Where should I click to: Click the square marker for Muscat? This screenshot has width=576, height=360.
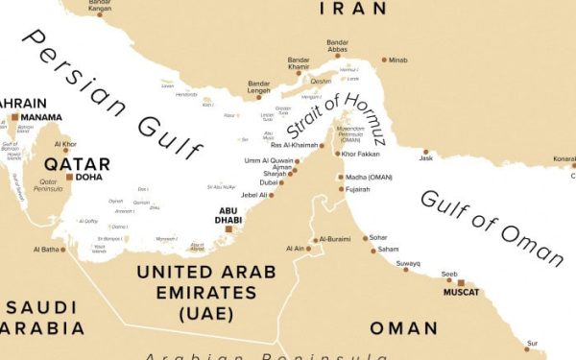click(x=461, y=283)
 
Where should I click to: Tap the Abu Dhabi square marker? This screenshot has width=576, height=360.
click(x=228, y=228)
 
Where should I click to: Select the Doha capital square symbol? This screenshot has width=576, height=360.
click(x=70, y=177)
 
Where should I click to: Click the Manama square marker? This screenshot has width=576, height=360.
click(x=14, y=117)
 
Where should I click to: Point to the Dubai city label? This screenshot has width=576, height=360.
click(x=270, y=182)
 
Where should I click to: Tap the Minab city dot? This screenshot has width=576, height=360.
click(x=384, y=60)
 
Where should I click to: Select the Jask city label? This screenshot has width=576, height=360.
click(x=426, y=158)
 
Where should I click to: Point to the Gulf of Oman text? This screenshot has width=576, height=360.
click(x=491, y=227)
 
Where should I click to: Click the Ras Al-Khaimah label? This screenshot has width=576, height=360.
click(x=295, y=145)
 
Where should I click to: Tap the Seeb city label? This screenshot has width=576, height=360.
click(x=449, y=274)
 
